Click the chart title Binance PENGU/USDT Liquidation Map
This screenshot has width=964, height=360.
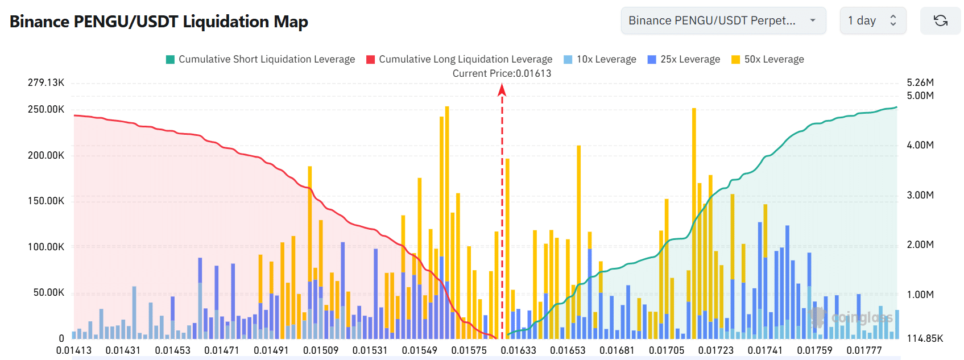pos(159,22)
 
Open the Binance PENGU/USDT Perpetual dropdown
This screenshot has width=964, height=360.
pos(723,21)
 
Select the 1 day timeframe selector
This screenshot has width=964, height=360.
pos(872,21)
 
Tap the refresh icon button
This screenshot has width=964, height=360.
pos(940,21)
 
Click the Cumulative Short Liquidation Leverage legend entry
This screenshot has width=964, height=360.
pos(260,59)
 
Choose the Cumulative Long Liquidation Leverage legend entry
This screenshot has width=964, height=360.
pos(459,59)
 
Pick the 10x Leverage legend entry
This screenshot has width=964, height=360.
pos(600,59)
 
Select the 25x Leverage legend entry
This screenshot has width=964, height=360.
pos(684,59)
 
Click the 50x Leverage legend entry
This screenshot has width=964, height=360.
pos(768,59)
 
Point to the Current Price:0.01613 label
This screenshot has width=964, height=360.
pos(502,73)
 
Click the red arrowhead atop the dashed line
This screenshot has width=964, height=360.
pos(502,90)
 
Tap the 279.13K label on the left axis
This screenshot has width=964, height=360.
pos(46,82)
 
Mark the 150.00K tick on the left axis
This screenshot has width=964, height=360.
pos(46,201)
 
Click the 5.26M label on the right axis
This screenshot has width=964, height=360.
pos(920,82)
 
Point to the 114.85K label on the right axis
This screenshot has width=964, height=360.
pos(925,338)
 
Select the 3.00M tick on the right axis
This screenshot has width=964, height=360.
pos(920,195)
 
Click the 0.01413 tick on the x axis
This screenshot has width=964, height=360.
pos(74,350)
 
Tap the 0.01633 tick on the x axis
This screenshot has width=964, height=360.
pos(518,350)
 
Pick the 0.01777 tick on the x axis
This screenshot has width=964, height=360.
pos(864,350)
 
